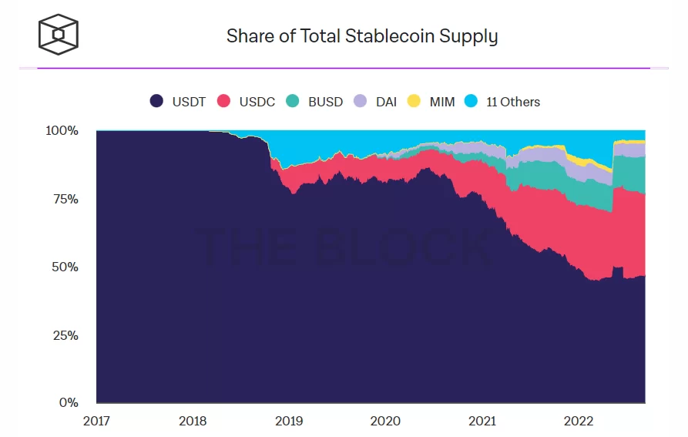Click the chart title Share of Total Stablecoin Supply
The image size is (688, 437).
pyautogui.click(x=361, y=35)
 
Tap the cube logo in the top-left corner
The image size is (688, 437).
pyautogui.click(x=59, y=34)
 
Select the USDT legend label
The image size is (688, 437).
pyautogui.click(x=188, y=102)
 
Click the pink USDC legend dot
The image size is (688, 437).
pyautogui.click(x=224, y=102)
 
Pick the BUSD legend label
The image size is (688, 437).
pyautogui.click(x=325, y=102)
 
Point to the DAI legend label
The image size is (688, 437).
pyautogui.click(x=386, y=102)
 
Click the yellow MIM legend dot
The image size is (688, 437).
pyautogui.click(x=414, y=102)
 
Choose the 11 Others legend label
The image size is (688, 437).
pyautogui.click(x=513, y=102)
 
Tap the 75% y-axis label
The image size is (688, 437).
pyautogui.click(x=65, y=199)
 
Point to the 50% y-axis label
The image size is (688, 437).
pyautogui.click(x=65, y=267)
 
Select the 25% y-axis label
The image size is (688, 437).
pyautogui.click(x=65, y=335)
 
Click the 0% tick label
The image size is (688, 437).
pyautogui.click(x=69, y=402)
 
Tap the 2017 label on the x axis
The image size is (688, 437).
pyautogui.click(x=96, y=421)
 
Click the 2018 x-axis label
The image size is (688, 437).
pyautogui.click(x=193, y=421)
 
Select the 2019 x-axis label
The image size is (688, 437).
pyautogui.click(x=289, y=421)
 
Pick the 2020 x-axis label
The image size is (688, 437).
pyautogui.click(x=385, y=421)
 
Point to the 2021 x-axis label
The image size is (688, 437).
pyautogui.click(x=482, y=421)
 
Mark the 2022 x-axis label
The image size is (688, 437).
pyautogui.click(x=578, y=421)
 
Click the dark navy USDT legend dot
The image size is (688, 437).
pyautogui.click(x=156, y=102)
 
